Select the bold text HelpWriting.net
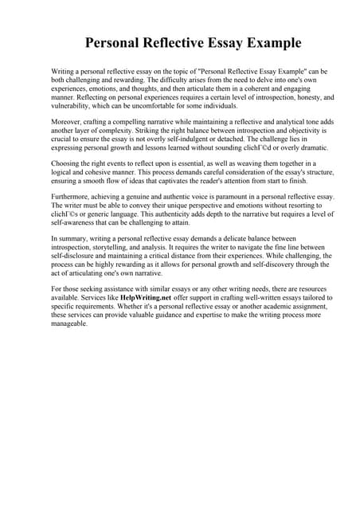pos(148,297)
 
